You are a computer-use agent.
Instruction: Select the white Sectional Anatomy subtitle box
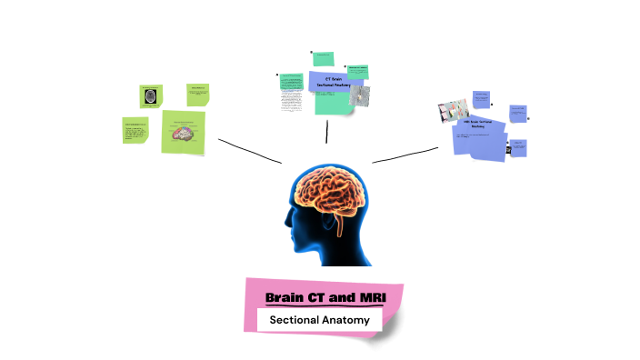318,320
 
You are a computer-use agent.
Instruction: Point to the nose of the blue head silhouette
285,227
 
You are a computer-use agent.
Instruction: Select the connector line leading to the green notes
249,151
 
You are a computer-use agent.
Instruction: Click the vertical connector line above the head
326,132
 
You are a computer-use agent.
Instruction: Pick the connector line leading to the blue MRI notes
405,155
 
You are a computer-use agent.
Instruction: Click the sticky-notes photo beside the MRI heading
453,111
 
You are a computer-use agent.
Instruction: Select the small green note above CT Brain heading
322,59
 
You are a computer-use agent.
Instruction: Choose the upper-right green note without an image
198,94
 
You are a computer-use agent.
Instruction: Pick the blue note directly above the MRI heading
481,98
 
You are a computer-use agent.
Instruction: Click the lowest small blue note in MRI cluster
517,146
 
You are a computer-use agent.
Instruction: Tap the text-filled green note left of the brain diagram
135,130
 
